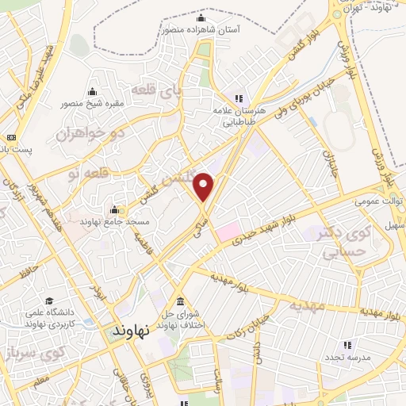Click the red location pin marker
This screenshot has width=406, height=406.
pos(205,187)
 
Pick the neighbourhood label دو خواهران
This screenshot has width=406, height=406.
pos(90,132)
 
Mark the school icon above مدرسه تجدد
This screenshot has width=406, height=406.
pos(347,345)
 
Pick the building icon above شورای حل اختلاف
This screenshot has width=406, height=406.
pos(182,302)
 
